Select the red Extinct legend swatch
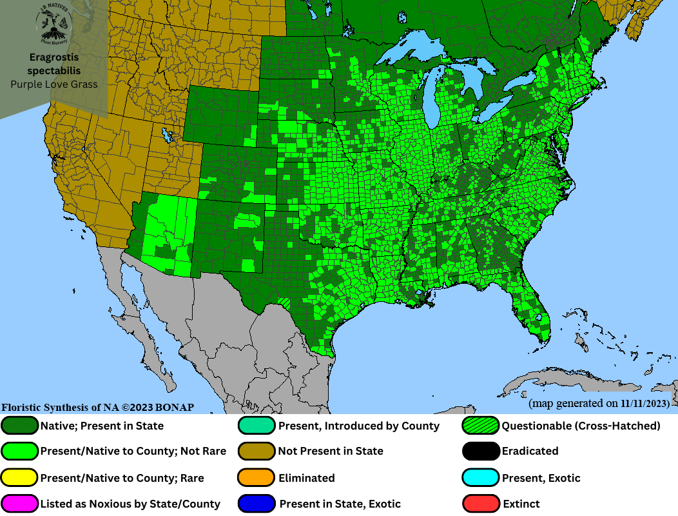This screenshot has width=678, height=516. coord(481,504)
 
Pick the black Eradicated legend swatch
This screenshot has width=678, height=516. coord(481,451)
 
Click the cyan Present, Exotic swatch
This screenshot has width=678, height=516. coord(481,478)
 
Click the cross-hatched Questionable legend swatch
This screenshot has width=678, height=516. coord(481,426)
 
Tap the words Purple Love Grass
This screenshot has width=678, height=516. coord(53,84)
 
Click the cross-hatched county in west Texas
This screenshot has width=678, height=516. coord(284,301)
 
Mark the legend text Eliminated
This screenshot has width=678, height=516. coord(306,478)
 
